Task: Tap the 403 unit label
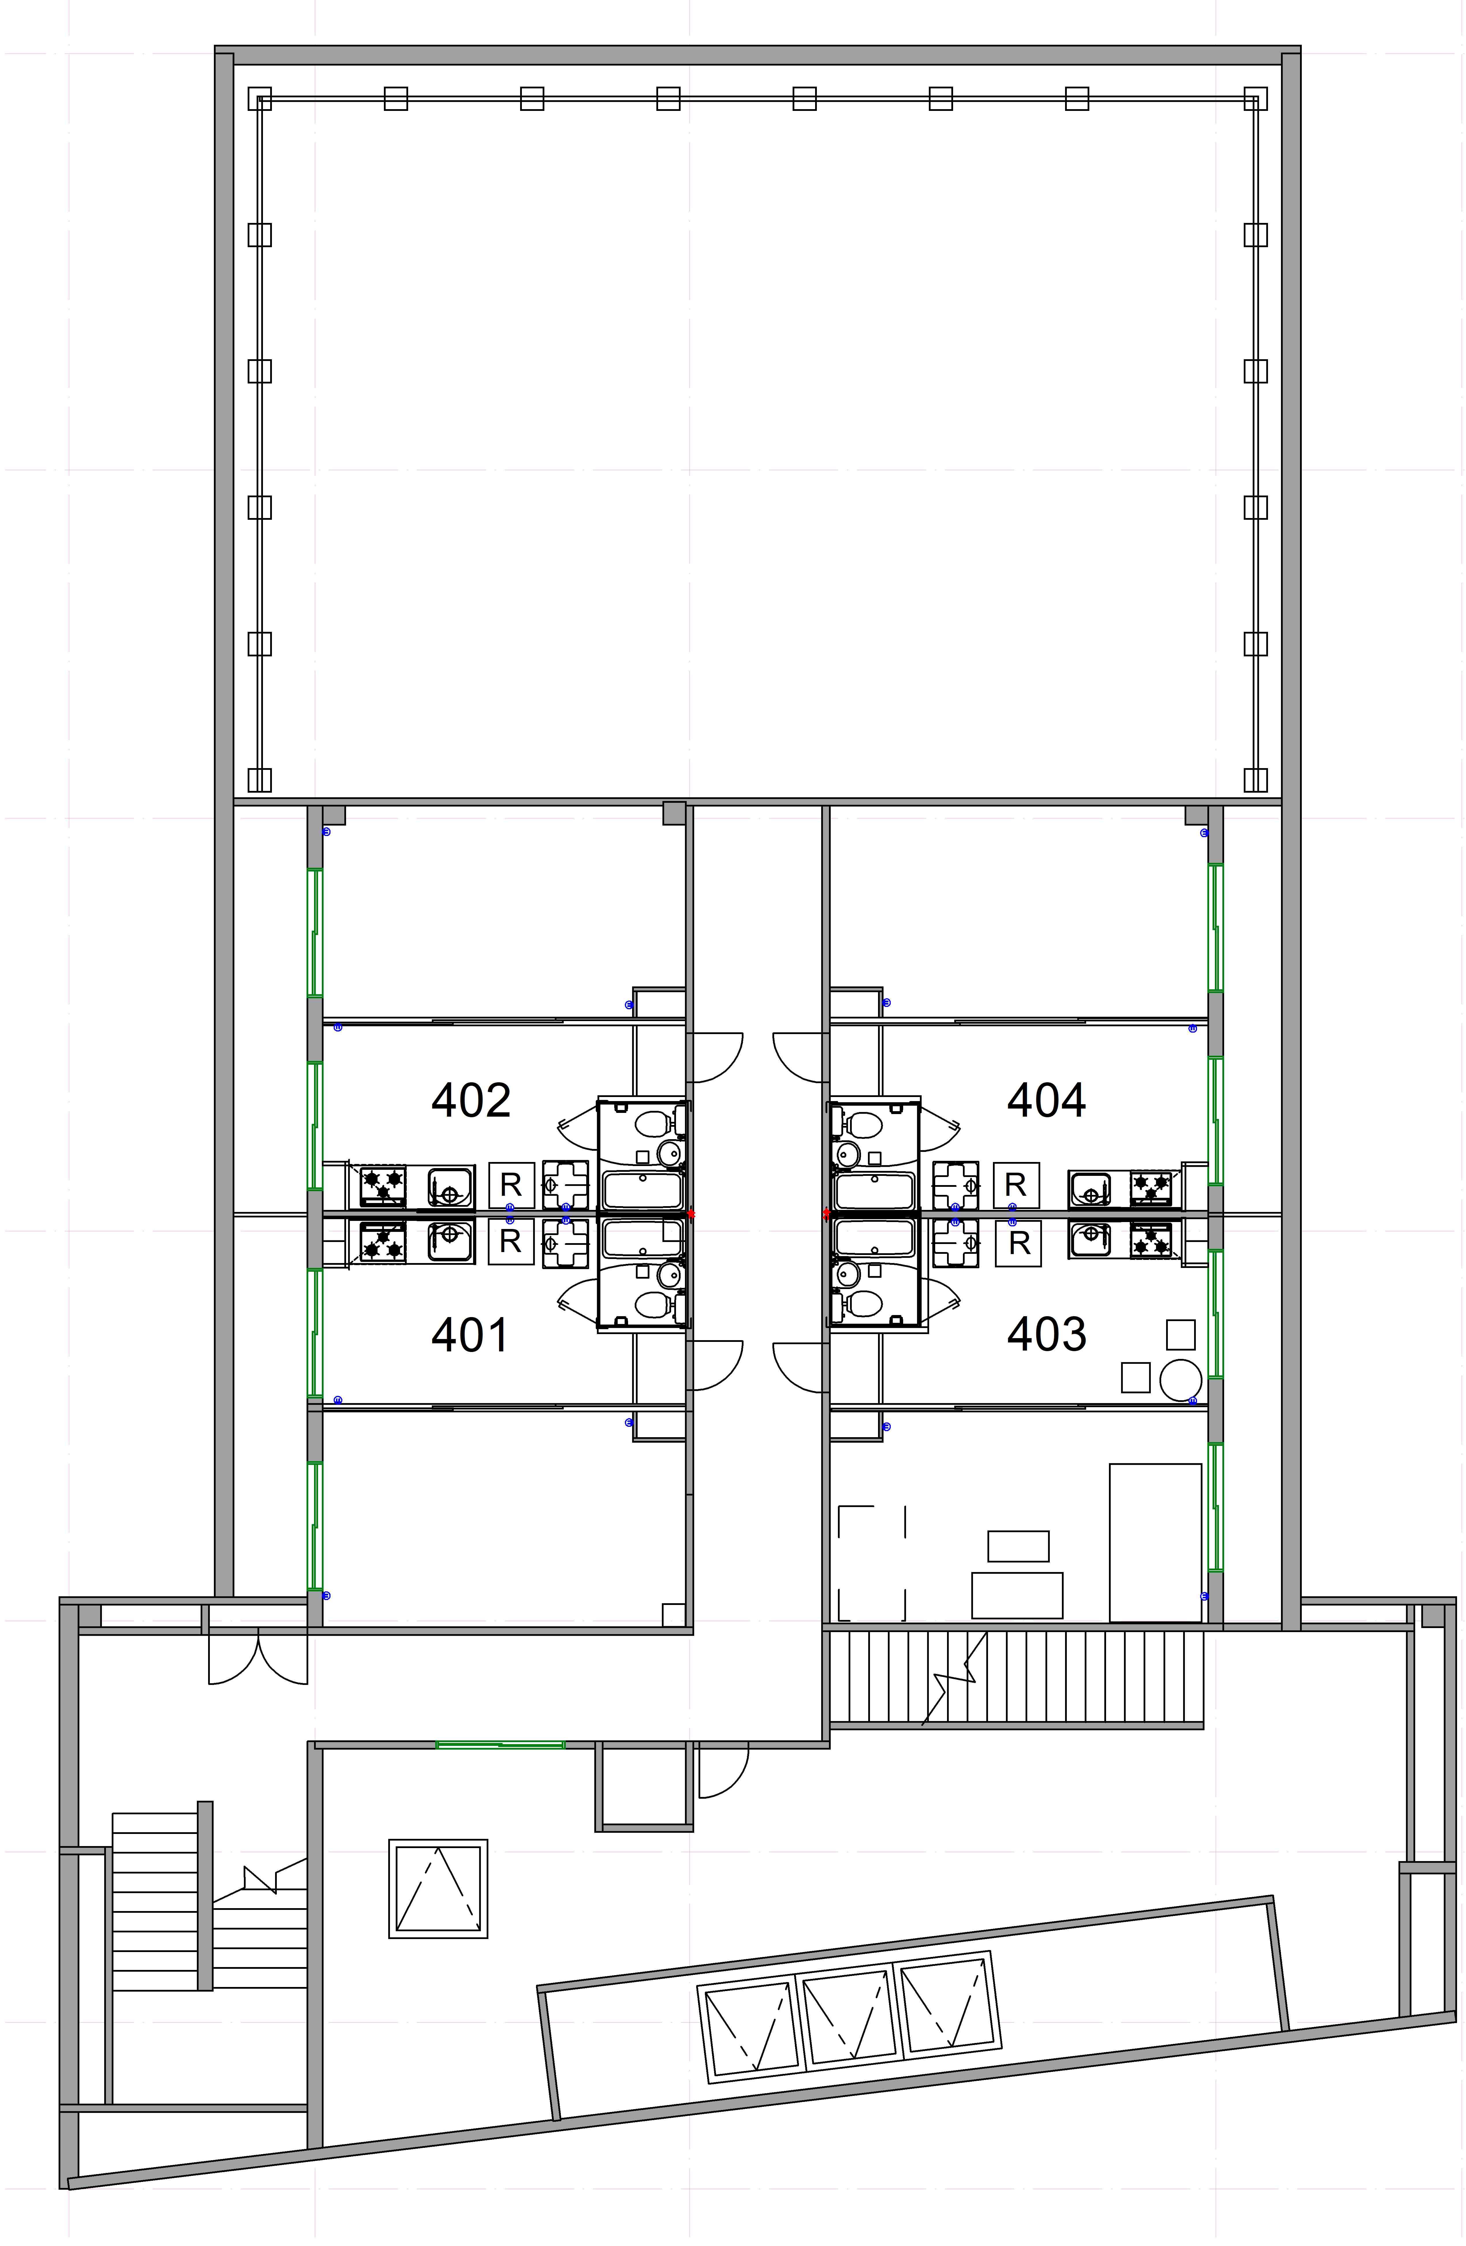(1046, 1334)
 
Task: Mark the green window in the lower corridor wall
(500, 1745)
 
